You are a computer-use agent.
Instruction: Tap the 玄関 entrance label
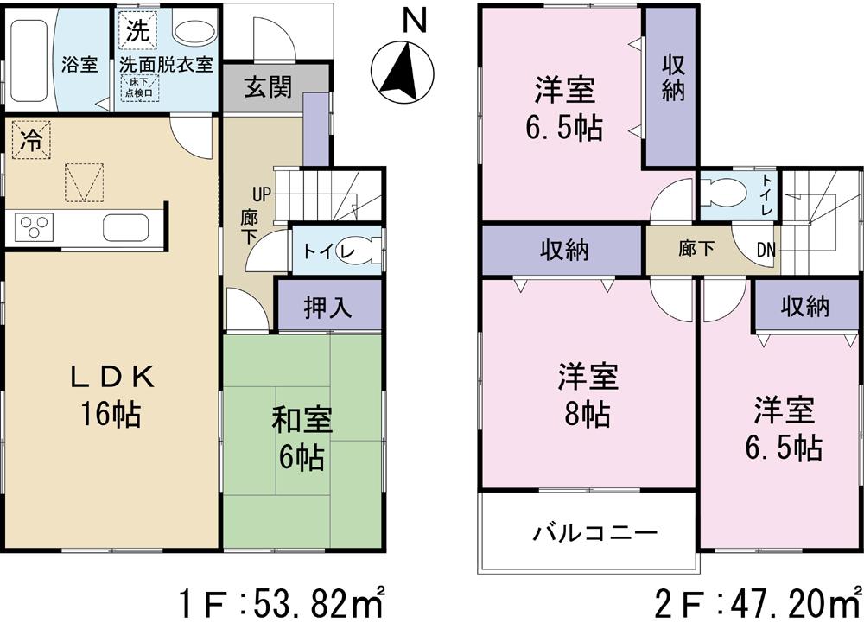point(267,88)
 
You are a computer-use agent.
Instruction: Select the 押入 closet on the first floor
point(328,308)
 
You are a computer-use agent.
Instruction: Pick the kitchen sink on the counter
point(124,229)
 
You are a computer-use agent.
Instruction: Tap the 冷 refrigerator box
point(30,141)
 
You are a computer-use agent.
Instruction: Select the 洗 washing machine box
point(137,31)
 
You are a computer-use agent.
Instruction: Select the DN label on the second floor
point(766,250)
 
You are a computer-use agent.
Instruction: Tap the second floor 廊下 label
point(696,250)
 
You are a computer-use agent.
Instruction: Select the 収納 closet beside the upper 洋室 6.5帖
point(673,78)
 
